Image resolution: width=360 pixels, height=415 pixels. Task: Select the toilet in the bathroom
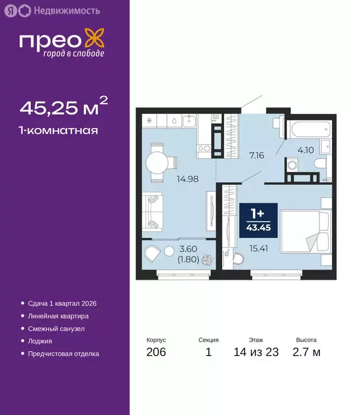[x=321, y=164]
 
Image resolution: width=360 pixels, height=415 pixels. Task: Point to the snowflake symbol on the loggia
[x=207, y=260]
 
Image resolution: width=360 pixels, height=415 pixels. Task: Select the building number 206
[x=156, y=353]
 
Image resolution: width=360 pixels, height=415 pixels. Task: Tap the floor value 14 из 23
[x=256, y=353]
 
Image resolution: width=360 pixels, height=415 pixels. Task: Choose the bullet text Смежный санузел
[x=56, y=329]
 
